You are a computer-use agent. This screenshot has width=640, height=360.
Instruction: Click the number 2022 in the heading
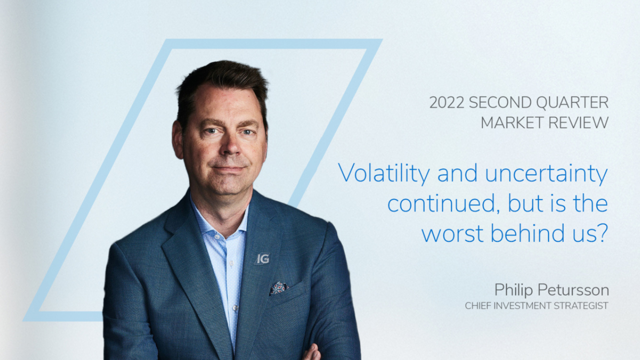click(x=446, y=102)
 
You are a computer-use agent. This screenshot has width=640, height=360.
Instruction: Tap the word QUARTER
click(x=572, y=102)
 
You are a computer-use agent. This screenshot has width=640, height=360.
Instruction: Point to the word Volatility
click(x=384, y=173)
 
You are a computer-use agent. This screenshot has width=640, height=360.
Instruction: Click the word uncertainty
click(x=546, y=174)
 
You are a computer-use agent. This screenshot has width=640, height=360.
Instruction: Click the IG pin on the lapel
click(x=263, y=259)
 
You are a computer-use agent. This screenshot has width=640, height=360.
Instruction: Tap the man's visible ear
click(x=177, y=140)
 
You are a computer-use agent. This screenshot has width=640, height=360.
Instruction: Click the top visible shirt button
click(x=217, y=236)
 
